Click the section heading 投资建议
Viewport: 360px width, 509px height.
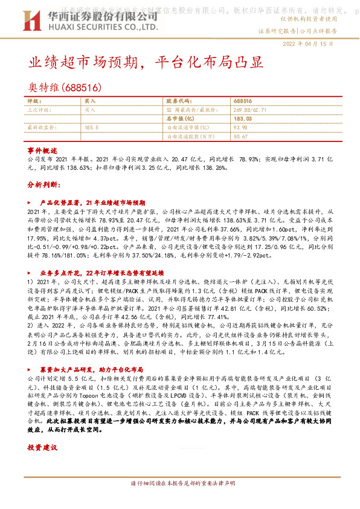(42, 448)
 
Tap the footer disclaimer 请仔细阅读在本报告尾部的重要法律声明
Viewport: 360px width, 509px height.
(180, 484)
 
